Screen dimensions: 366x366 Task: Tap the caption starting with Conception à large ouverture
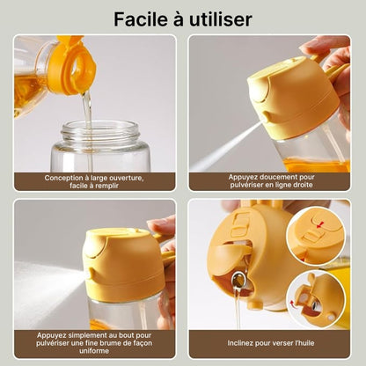click(95, 180)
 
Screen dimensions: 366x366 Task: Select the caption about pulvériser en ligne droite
click(270, 180)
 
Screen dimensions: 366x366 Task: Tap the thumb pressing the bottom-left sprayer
click(164, 231)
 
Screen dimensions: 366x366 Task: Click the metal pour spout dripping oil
click(238, 281)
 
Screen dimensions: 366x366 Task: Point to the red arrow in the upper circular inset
click(315, 227)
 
